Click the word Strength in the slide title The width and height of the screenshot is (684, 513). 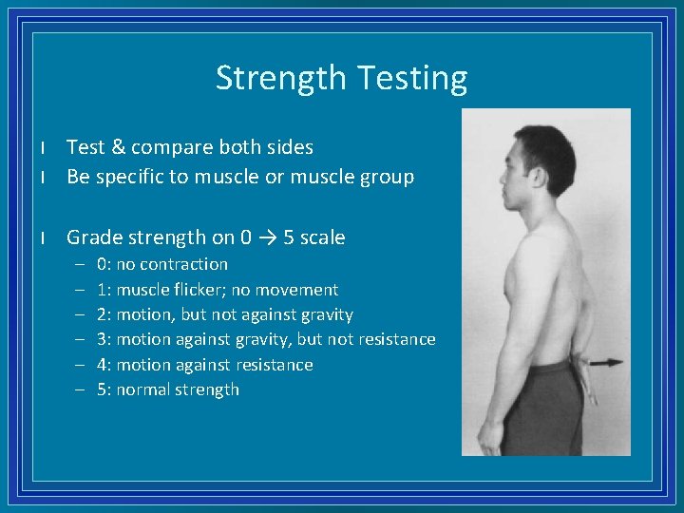277,78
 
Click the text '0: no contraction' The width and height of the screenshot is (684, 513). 162,264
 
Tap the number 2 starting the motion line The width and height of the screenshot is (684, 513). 102,314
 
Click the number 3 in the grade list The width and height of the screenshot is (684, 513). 102,339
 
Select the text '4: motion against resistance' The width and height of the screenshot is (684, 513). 204,365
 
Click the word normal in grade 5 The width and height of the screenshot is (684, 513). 142,389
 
